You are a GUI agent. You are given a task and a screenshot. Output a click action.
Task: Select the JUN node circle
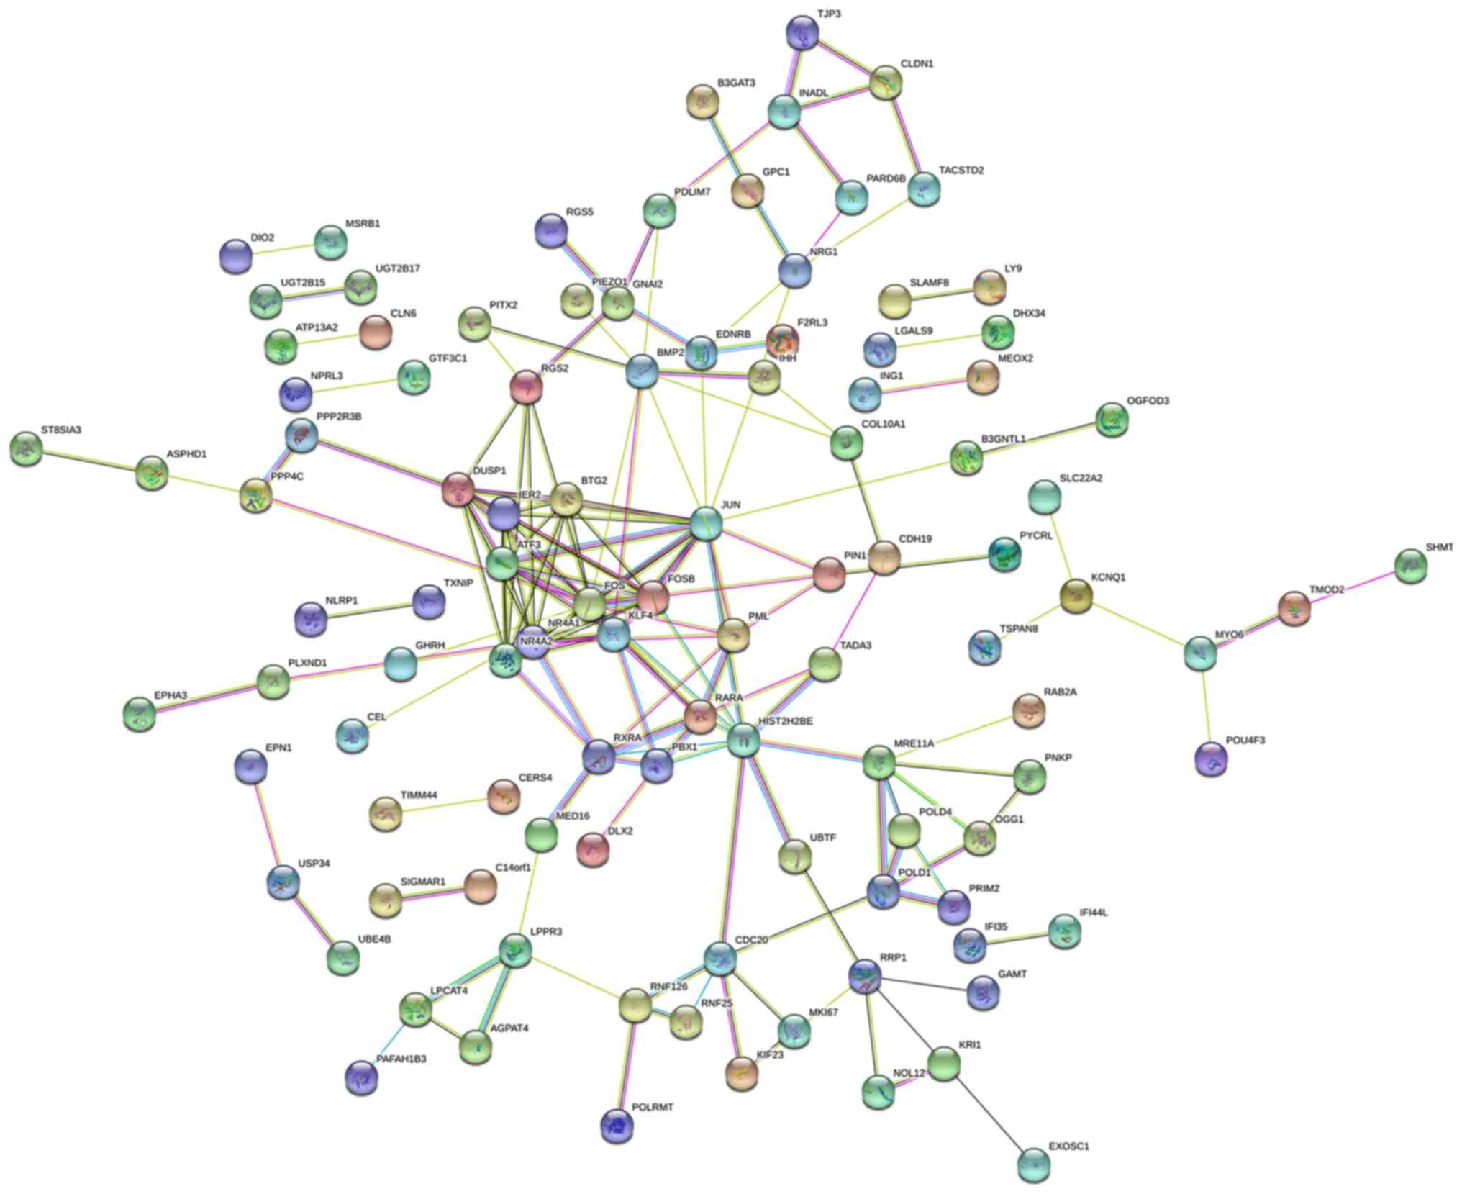click(x=705, y=523)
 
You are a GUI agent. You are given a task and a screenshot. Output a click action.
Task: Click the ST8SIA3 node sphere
click(x=27, y=448)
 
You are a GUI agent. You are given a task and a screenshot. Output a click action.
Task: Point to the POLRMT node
click(x=618, y=1126)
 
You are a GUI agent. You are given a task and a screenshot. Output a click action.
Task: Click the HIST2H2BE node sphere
click(x=743, y=740)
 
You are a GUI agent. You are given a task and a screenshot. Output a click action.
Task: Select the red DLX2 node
click(x=593, y=849)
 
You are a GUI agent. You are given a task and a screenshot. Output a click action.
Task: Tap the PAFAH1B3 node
click(x=361, y=1077)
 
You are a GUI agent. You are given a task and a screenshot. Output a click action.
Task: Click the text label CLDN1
click(x=917, y=64)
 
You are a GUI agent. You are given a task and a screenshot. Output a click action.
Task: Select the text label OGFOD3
click(x=1148, y=401)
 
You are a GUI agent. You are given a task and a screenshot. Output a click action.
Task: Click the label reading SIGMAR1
click(x=423, y=882)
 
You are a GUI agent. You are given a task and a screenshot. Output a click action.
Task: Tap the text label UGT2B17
click(x=397, y=268)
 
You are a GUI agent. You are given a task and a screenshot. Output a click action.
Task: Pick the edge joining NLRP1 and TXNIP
click(x=372, y=610)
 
